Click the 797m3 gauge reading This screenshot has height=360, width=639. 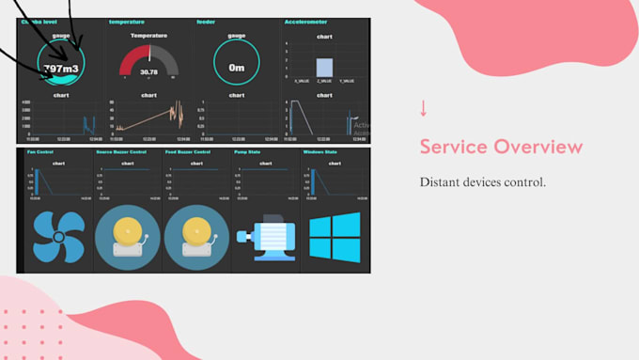pyautogui.click(x=61, y=68)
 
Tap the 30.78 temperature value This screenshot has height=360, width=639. pyautogui.click(x=148, y=71)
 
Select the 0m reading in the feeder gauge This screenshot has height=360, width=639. pyautogui.click(x=236, y=68)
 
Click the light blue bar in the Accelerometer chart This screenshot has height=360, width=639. pyautogui.click(x=324, y=68)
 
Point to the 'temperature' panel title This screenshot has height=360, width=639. pyautogui.click(x=126, y=22)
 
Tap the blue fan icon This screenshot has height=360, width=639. pyautogui.click(x=58, y=236)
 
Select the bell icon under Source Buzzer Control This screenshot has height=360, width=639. pyautogui.click(x=127, y=237)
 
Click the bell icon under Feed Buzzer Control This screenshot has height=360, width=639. pyautogui.click(x=196, y=237)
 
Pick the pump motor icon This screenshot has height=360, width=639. pyautogui.click(x=265, y=238)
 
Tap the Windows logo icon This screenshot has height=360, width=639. pyautogui.click(x=335, y=236)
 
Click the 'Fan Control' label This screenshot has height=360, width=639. pyautogui.click(x=39, y=151)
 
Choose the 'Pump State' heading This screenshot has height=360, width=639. pyautogui.click(x=247, y=151)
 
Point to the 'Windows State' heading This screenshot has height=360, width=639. pyautogui.click(x=319, y=151)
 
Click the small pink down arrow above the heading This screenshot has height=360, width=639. pyautogui.click(x=424, y=108)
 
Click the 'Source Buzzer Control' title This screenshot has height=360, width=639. pyautogui.click(x=121, y=151)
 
